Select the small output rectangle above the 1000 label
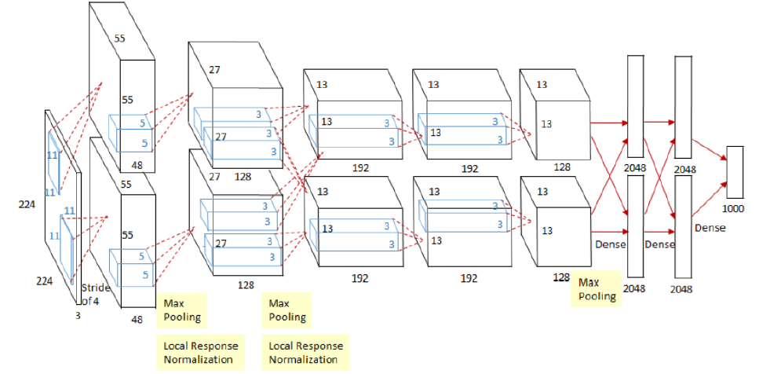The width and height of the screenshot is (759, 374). point(735,172)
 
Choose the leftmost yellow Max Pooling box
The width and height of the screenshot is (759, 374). point(182,310)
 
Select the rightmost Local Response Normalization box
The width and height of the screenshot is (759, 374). point(305,352)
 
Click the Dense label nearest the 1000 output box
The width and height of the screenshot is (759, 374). point(710,228)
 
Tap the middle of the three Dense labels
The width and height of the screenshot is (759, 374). point(660,244)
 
